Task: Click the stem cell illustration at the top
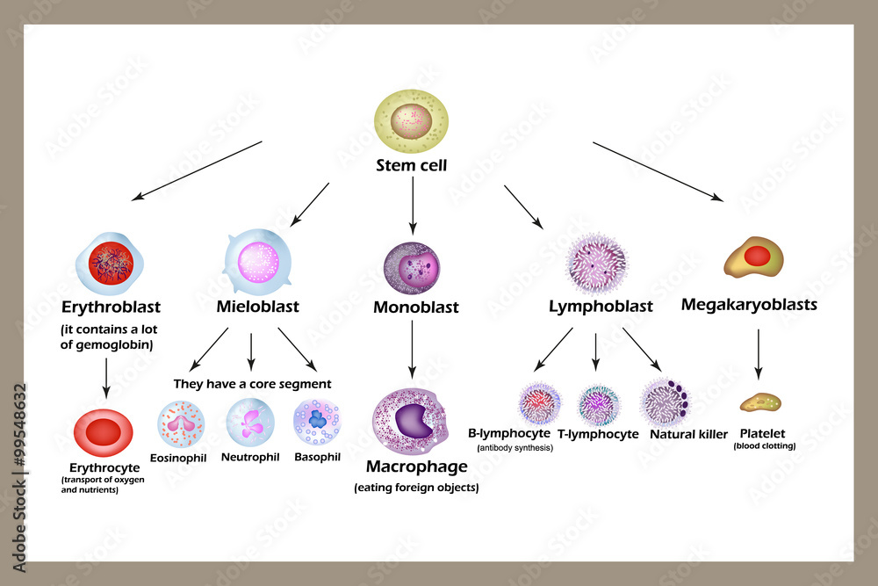tap(411, 122)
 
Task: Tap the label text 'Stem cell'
tap(411, 165)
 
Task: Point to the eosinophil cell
tap(181, 423)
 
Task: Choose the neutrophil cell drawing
tap(250, 422)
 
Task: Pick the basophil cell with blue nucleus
tap(317, 423)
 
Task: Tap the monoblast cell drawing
tap(412, 268)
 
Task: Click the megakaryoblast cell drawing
tap(753, 258)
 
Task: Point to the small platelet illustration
tap(760, 404)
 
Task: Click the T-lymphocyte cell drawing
tap(598, 404)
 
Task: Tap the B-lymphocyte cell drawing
tap(539, 404)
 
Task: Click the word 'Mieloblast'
tap(257, 307)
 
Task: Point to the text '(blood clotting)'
tap(764, 446)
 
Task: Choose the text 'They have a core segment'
tap(252, 384)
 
